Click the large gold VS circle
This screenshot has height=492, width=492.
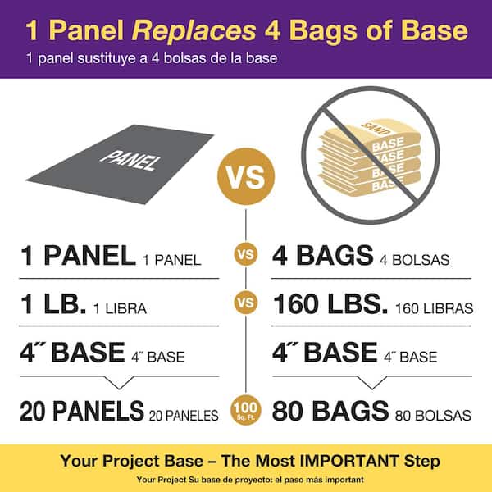pyautogui.click(x=246, y=175)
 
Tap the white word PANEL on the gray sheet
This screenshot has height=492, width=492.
pyautogui.click(x=129, y=157)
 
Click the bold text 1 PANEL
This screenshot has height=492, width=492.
pyautogui.click(x=77, y=257)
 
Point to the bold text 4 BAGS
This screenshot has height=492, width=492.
pyautogui.click(x=325, y=257)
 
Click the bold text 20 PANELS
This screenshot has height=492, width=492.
pyautogui.click(x=82, y=411)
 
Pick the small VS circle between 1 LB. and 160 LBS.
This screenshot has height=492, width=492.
pyautogui.click(x=246, y=304)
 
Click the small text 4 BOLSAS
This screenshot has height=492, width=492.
pyautogui.click(x=416, y=261)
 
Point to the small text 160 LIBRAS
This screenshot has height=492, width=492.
pyautogui.click(x=434, y=308)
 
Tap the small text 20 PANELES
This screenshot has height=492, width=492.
pyautogui.click(x=184, y=415)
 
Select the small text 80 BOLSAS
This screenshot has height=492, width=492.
pyautogui.click(x=432, y=415)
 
